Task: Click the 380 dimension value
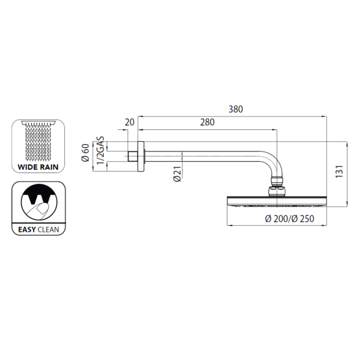pyautogui.click(x=235, y=109)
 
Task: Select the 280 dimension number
pyautogui.click(x=207, y=122)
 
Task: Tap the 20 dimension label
pyautogui.click(x=129, y=122)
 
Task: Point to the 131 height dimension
pyautogui.click(x=340, y=171)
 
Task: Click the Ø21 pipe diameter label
pyautogui.click(x=177, y=174)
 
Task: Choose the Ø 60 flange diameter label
pyautogui.click(x=85, y=153)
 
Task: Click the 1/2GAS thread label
pyautogui.click(x=101, y=151)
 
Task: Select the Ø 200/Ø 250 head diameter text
pyautogui.click(x=289, y=218)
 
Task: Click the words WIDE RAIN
pyautogui.click(x=38, y=167)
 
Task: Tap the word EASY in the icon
pyautogui.click(x=27, y=229)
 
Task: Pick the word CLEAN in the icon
pyautogui.click(x=48, y=229)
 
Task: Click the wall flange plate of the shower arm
pyautogui.click(x=141, y=156)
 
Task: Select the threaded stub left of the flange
pyautogui.click(x=133, y=156)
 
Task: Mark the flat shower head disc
pyautogui.click(x=277, y=201)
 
